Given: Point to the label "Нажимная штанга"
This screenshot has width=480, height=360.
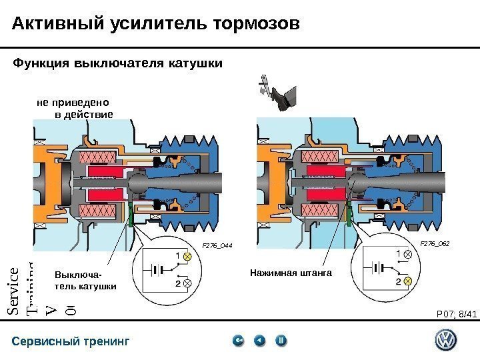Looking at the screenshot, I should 291,273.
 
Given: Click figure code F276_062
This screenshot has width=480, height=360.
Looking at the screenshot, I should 435,244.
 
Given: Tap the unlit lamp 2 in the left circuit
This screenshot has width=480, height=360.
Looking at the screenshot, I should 188,284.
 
